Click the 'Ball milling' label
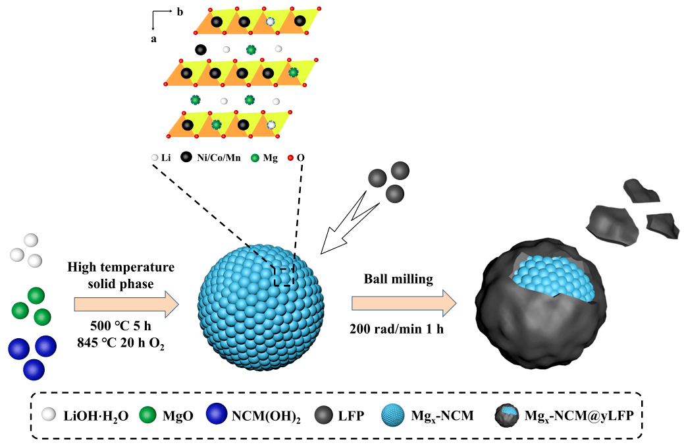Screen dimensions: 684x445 [398, 279]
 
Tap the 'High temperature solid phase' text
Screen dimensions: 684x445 [121, 275]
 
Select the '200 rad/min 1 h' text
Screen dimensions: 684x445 [396, 329]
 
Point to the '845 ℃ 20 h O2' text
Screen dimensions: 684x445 [121, 343]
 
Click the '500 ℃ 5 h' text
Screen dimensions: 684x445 [121, 326]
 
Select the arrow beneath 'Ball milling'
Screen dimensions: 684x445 [404, 303]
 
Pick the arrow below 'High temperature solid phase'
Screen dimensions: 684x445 [126, 304]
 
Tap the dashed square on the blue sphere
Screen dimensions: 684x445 [284, 276]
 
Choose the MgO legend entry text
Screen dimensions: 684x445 [178, 416]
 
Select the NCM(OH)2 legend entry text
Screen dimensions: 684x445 [266, 416]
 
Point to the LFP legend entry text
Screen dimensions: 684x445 [351, 416]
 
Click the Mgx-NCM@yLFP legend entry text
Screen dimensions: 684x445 [579, 416]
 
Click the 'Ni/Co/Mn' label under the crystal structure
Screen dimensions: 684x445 [219, 158]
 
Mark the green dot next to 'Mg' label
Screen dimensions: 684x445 [255, 158]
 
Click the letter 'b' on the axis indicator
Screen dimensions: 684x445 [180, 12]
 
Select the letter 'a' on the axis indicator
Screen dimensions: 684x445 [153, 39]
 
